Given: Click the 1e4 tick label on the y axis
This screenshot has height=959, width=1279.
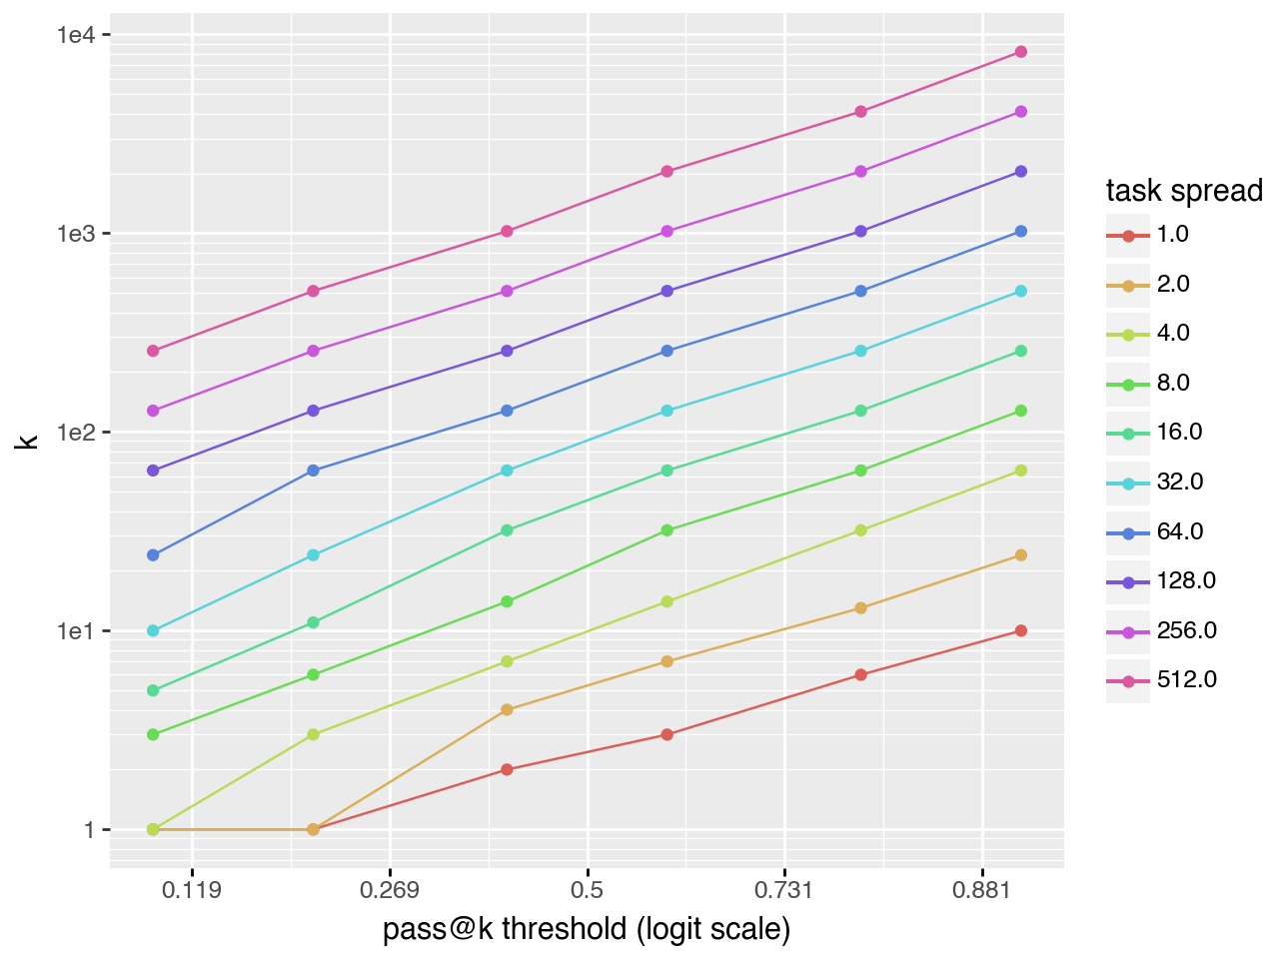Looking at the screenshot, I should [76, 35].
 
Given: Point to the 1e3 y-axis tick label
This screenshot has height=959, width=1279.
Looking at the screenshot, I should [76, 234].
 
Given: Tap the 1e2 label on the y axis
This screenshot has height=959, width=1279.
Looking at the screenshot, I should [76, 433].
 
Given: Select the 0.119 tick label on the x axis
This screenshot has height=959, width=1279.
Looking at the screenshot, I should [192, 890].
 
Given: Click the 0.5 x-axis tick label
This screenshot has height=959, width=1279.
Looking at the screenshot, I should [588, 890].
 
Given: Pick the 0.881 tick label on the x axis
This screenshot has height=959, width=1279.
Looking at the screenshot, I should [982, 890].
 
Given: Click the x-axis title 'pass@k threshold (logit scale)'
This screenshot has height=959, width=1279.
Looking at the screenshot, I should [587, 929].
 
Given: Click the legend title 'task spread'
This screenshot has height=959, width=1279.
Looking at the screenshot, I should [1184, 190].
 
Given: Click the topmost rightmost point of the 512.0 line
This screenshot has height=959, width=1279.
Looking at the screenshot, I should [1021, 52].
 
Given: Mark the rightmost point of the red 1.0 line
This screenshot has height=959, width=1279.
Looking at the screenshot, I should [1021, 631].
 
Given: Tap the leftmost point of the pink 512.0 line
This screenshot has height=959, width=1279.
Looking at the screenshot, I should [153, 351].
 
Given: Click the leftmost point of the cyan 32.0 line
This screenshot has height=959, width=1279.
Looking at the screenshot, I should [153, 631].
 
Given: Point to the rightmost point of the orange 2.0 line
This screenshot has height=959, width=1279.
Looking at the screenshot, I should [1021, 555].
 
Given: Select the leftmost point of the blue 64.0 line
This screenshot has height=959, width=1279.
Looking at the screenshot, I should [153, 555].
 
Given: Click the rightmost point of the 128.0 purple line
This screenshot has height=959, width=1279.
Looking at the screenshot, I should [1021, 172].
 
